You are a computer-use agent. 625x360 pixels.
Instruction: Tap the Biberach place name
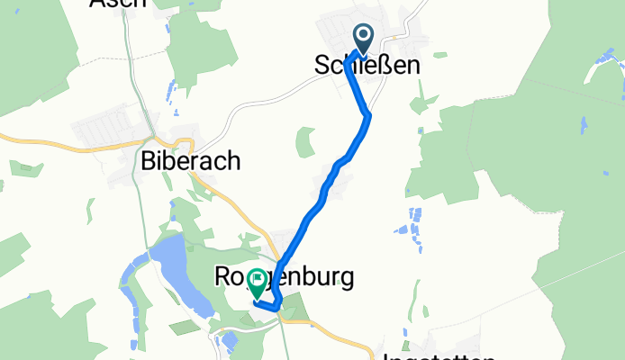[x=191, y=161]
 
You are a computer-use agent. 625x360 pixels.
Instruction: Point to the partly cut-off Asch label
[x=117, y=4]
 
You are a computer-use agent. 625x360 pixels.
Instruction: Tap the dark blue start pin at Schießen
[x=363, y=39]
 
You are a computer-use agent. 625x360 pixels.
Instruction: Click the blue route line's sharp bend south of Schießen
[x=367, y=114]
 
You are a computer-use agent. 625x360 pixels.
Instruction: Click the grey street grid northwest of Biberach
[x=113, y=126]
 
